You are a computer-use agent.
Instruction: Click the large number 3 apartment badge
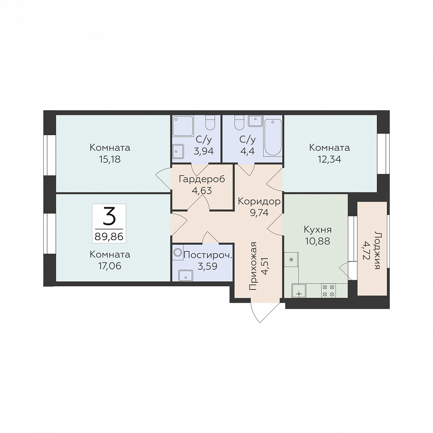point(109,217)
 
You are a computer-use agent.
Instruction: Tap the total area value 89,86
point(109,237)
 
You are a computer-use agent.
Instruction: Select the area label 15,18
point(109,159)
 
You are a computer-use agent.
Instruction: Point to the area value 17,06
point(109,266)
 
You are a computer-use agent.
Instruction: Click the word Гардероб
point(202,179)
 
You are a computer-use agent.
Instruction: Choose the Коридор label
point(259,201)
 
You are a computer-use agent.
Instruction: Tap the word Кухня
point(318,229)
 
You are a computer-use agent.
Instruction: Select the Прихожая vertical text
point(253,266)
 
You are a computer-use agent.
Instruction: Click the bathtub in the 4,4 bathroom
point(273,138)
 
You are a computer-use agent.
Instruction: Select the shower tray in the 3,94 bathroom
point(183,126)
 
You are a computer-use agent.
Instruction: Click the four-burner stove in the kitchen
point(328,291)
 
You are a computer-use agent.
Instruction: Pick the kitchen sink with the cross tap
point(299,291)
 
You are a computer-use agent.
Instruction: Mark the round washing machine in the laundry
point(178,252)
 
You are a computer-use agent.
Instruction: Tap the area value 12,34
point(330,159)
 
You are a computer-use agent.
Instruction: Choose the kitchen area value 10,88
point(318,241)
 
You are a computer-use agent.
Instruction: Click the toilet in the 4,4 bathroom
point(239,123)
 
